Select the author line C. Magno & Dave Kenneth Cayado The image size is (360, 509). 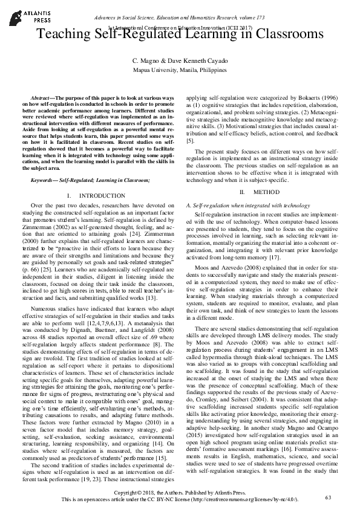[180, 62]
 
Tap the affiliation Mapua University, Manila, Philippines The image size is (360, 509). [180, 70]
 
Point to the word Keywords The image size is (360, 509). [45, 180]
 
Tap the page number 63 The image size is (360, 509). [329, 497]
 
